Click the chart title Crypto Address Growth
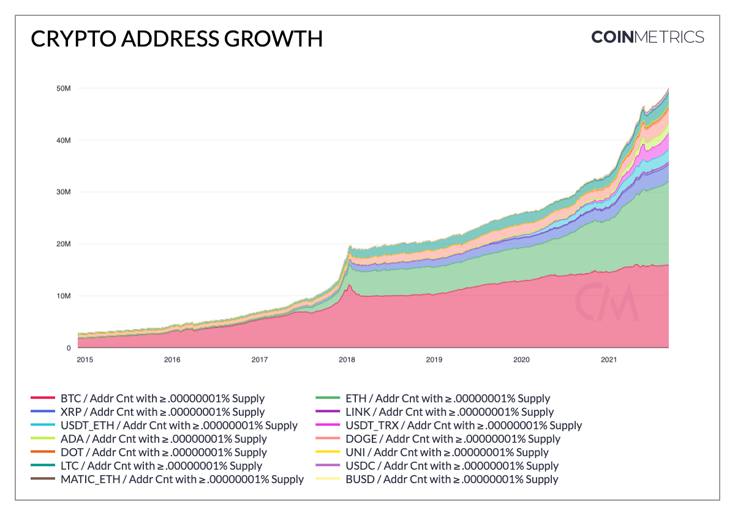tap(176, 39)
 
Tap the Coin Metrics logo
tap(647, 37)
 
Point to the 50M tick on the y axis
tap(64, 88)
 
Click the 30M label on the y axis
tap(64, 192)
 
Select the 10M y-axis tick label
tap(64, 296)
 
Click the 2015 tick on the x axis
tap(85, 359)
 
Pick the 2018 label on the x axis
tap(347, 359)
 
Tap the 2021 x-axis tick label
tap(608, 359)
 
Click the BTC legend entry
tap(167, 399)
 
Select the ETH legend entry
tap(448, 399)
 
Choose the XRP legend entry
tap(163, 412)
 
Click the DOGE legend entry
tap(453, 439)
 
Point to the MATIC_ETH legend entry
tap(182, 479)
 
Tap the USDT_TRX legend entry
tap(464, 426)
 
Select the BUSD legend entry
tap(451, 479)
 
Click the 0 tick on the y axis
tap(69, 348)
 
